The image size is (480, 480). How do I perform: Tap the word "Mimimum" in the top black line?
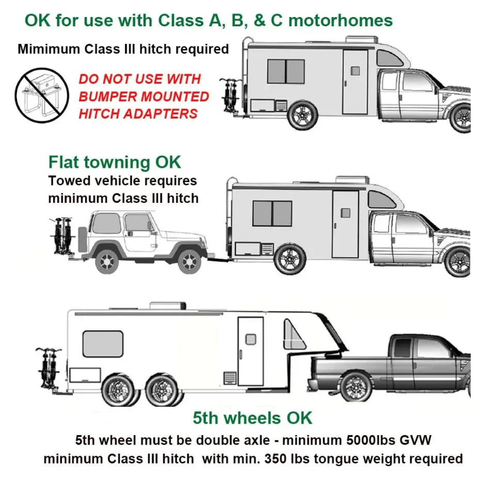(x=44, y=50)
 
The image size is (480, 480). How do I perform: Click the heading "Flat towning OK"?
(x=115, y=162)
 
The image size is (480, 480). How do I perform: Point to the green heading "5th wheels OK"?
(x=252, y=418)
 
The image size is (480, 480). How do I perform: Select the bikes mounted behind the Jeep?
(x=61, y=237)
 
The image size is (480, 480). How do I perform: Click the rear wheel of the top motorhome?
(x=302, y=114)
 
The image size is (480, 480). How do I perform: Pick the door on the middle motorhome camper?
(x=345, y=224)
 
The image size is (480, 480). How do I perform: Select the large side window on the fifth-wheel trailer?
(x=103, y=344)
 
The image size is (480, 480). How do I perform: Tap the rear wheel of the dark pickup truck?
(x=356, y=387)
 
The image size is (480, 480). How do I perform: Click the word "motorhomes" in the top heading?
(x=341, y=21)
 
